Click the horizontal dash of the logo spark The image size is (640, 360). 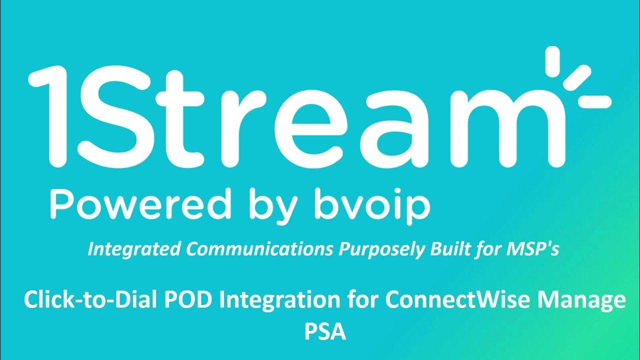(x=594, y=100)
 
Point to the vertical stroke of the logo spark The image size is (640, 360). (x=554, y=62)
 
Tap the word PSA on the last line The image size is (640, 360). (x=325, y=331)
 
